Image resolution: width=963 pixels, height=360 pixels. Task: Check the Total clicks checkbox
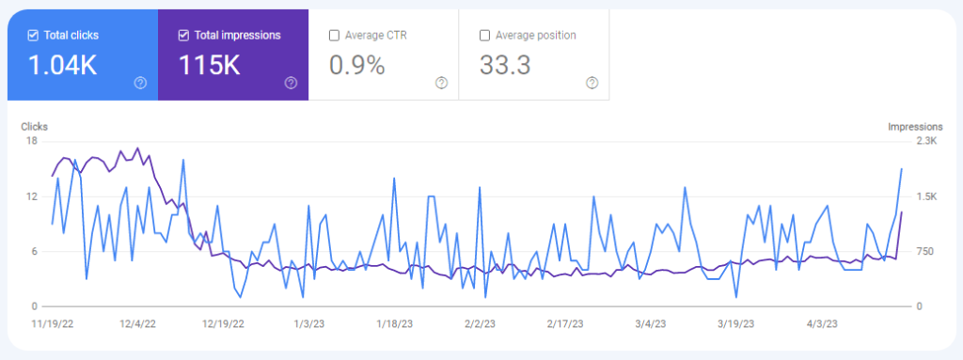click(x=33, y=36)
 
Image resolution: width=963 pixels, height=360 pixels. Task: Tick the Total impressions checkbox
click(x=183, y=36)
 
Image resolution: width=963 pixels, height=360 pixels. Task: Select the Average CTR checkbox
click(x=335, y=36)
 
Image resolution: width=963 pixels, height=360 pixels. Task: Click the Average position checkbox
click(x=485, y=36)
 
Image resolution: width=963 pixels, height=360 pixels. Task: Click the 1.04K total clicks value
click(x=62, y=66)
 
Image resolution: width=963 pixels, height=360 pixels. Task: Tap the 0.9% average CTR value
click(x=356, y=66)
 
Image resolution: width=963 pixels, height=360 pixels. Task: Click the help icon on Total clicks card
click(x=140, y=83)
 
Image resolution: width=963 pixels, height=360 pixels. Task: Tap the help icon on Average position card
click(x=592, y=83)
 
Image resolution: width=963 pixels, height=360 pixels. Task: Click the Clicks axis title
click(x=36, y=126)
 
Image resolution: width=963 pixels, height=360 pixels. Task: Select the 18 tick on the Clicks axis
click(x=32, y=141)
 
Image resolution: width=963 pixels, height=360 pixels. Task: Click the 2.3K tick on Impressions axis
click(x=925, y=141)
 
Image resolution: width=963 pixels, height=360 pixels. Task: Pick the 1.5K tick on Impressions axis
click(x=925, y=196)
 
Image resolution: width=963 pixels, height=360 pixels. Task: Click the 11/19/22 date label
click(x=53, y=323)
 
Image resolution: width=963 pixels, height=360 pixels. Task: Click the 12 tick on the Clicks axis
click(x=32, y=196)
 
